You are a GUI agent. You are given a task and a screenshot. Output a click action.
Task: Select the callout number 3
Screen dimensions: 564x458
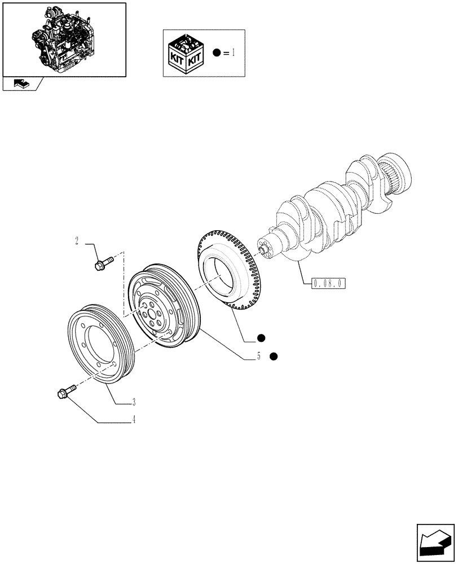pos(133,402)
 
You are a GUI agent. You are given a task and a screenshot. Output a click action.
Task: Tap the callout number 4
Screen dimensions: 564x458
pos(133,420)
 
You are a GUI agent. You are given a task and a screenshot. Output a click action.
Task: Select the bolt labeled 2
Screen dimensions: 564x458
pos(104,262)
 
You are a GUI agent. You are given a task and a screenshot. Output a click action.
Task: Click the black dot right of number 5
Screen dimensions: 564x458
pos(274,356)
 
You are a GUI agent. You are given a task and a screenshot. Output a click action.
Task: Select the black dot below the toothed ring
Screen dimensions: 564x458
pos(260,338)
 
